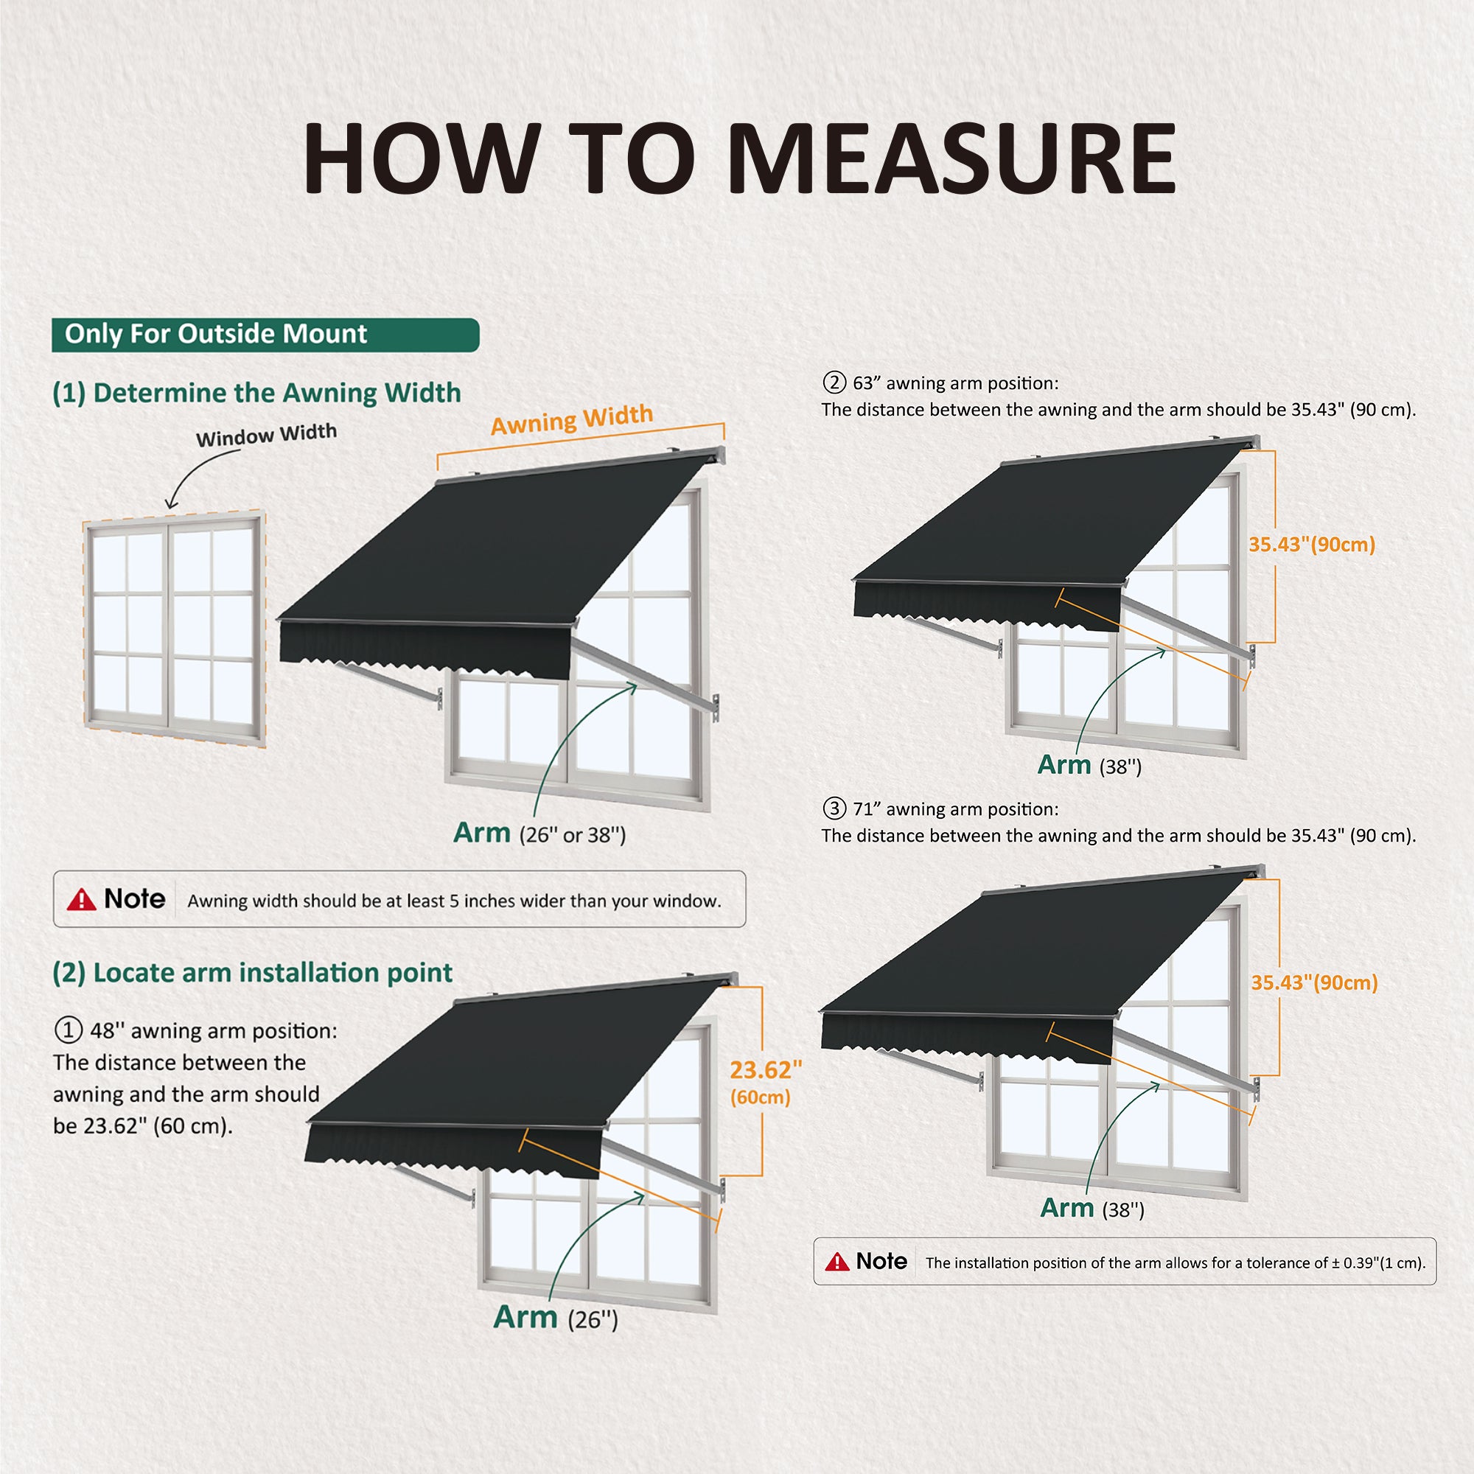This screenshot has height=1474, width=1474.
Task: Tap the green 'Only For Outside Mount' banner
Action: click(x=265, y=335)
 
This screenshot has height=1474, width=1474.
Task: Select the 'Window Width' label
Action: click(x=266, y=435)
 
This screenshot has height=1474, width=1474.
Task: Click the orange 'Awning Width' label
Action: click(x=571, y=419)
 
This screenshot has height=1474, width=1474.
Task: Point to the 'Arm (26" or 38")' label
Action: click(x=539, y=833)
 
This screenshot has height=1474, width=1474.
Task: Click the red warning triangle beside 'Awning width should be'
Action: click(x=81, y=901)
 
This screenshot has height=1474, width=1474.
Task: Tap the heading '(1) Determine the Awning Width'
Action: click(x=257, y=393)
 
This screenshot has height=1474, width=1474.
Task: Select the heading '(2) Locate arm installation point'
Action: click(x=253, y=973)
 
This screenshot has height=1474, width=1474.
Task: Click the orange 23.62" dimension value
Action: click(x=765, y=1070)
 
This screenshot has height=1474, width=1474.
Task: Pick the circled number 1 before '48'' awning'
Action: click(x=68, y=1031)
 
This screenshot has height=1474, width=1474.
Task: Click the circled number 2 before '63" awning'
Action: click(x=835, y=383)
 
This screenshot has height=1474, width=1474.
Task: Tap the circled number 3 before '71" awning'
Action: click(x=835, y=808)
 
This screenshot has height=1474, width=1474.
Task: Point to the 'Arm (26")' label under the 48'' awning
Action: click(x=556, y=1318)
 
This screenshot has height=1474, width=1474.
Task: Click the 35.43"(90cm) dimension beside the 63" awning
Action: click(x=1312, y=545)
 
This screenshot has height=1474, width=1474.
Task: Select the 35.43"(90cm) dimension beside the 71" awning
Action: click(x=1314, y=982)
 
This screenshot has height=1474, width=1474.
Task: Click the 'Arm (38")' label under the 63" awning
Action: click(x=1089, y=764)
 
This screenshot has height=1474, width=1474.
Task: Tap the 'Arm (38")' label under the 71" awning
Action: click(x=1092, y=1208)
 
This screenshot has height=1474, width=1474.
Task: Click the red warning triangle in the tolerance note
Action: click(x=837, y=1262)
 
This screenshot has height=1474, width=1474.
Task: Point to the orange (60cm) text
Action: click(x=760, y=1097)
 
